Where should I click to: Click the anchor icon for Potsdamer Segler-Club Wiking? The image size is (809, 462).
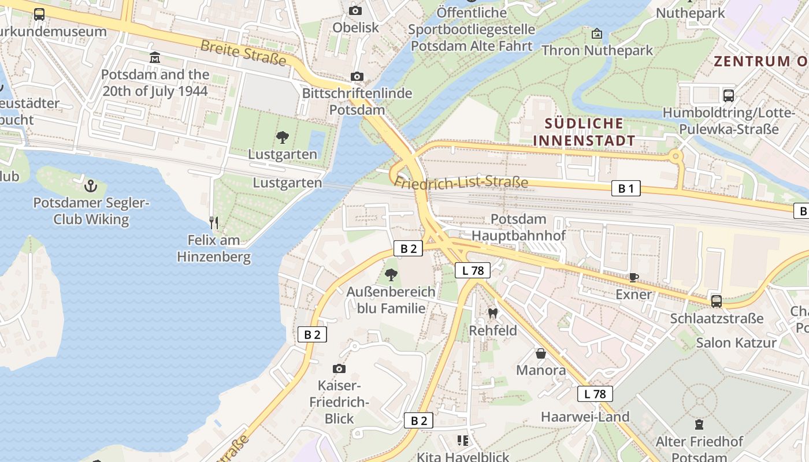point(90,186)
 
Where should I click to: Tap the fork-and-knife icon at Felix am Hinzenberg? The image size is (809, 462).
point(214,222)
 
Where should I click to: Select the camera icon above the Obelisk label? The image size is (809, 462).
point(355,10)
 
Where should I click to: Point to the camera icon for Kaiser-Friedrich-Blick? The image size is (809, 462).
point(339,368)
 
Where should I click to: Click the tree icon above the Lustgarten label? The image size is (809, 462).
point(282,137)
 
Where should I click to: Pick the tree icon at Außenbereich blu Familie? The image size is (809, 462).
point(391,274)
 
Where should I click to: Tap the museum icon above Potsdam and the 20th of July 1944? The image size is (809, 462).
point(155,58)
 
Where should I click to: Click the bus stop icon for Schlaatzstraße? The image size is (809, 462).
point(717,301)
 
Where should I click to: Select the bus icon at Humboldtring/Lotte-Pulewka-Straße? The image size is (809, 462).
point(729,95)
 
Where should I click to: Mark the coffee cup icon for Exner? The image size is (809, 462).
point(634,277)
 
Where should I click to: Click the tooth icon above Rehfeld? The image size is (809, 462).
point(492,314)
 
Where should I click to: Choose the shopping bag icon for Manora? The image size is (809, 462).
point(541,353)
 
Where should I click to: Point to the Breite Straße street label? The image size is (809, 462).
point(243,53)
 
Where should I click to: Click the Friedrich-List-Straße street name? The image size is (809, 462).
point(461,182)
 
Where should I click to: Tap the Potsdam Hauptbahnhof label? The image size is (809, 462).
point(518,227)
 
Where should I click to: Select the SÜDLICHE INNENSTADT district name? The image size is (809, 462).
point(584,132)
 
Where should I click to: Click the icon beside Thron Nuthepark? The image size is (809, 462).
point(597,34)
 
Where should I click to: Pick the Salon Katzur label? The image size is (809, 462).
point(736,342)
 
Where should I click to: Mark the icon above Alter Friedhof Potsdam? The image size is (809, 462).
point(699,425)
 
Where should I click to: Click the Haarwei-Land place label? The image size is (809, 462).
point(585,416)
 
